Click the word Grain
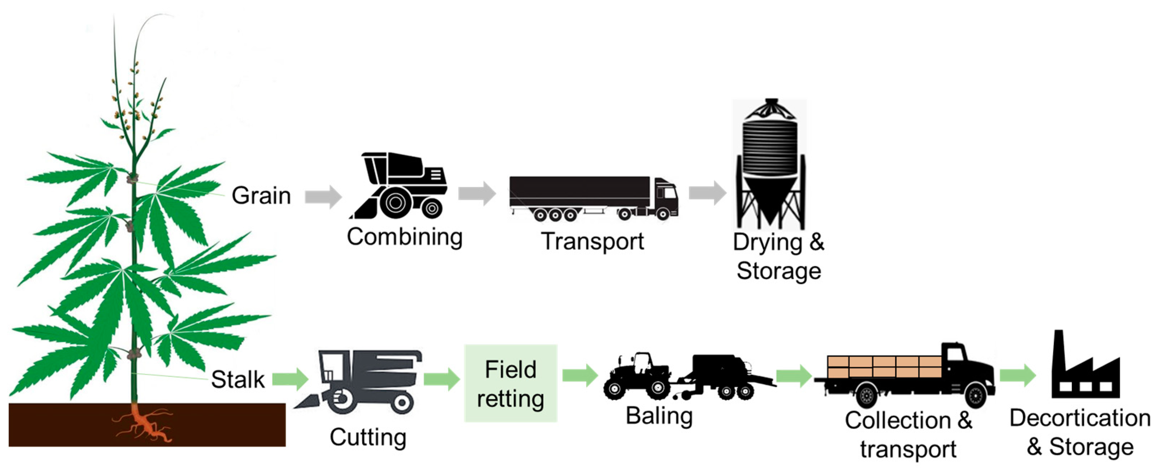pyautogui.click(x=261, y=196)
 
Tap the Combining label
pyautogui.click(x=404, y=237)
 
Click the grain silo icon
pyautogui.click(x=770, y=165)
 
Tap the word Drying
pyautogui.click(x=767, y=243)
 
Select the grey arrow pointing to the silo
pyautogui.click(x=707, y=193)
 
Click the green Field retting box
pyautogui.click(x=511, y=383)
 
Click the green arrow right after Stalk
pyautogui.click(x=290, y=379)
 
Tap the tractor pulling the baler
pyautogui.click(x=638, y=377)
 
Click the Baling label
pyautogui.click(x=659, y=415)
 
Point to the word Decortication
pyautogui.click(x=1079, y=418)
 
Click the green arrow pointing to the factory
pyautogui.click(x=1017, y=375)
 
